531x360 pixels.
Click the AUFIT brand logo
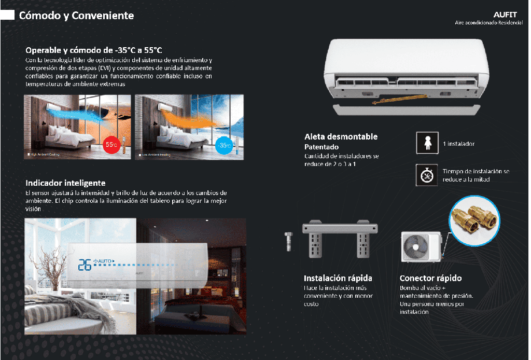(x=505, y=15)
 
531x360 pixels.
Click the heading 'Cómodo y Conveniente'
(x=76, y=16)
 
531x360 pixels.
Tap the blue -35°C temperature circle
(x=223, y=145)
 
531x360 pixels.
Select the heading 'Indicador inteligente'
(x=65, y=183)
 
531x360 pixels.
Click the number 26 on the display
(x=84, y=265)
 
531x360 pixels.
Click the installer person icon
(x=427, y=143)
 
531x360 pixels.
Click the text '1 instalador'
(x=458, y=144)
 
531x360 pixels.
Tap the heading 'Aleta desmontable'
(x=341, y=137)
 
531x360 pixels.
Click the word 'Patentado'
(x=322, y=147)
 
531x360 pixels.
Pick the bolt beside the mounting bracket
(x=288, y=242)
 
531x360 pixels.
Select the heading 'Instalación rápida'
(x=338, y=278)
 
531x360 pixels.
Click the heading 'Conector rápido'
(x=430, y=278)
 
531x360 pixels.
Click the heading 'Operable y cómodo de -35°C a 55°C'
(x=94, y=50)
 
